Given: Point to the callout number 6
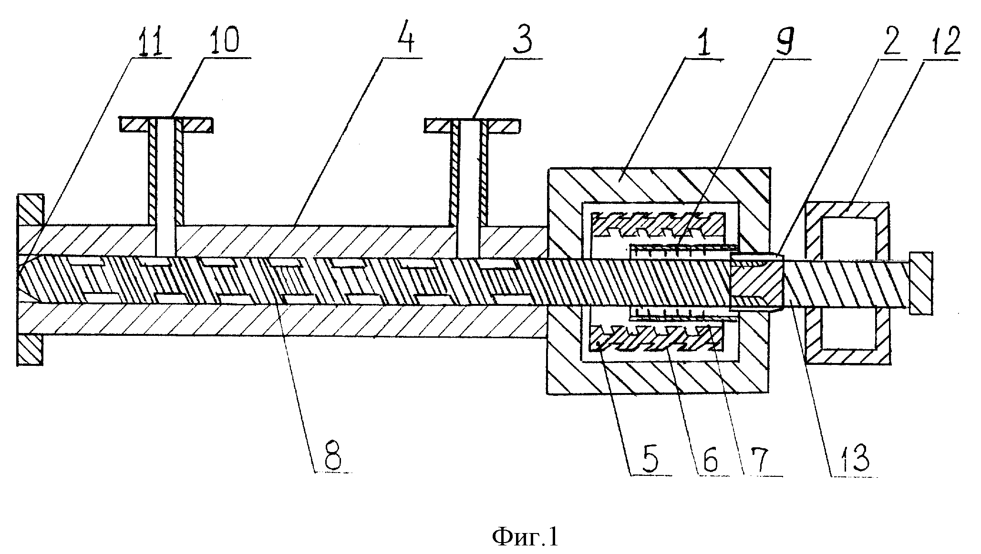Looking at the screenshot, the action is (x=710, y=457).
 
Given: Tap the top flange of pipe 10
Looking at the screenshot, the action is (x=166, y=125).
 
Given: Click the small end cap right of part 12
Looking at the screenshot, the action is (x=921, y=283).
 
